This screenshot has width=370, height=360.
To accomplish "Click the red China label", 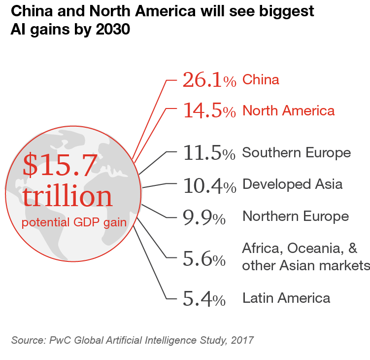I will point(261,79).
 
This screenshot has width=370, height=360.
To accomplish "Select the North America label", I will point(288,110).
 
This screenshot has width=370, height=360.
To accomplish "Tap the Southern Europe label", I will point(296,152).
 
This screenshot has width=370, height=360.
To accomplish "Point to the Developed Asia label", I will point(292,185).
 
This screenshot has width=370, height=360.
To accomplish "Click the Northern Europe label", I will point(296,216).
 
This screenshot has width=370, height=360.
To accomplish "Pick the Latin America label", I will point(286,298).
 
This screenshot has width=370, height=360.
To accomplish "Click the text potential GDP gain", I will point(74,222).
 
